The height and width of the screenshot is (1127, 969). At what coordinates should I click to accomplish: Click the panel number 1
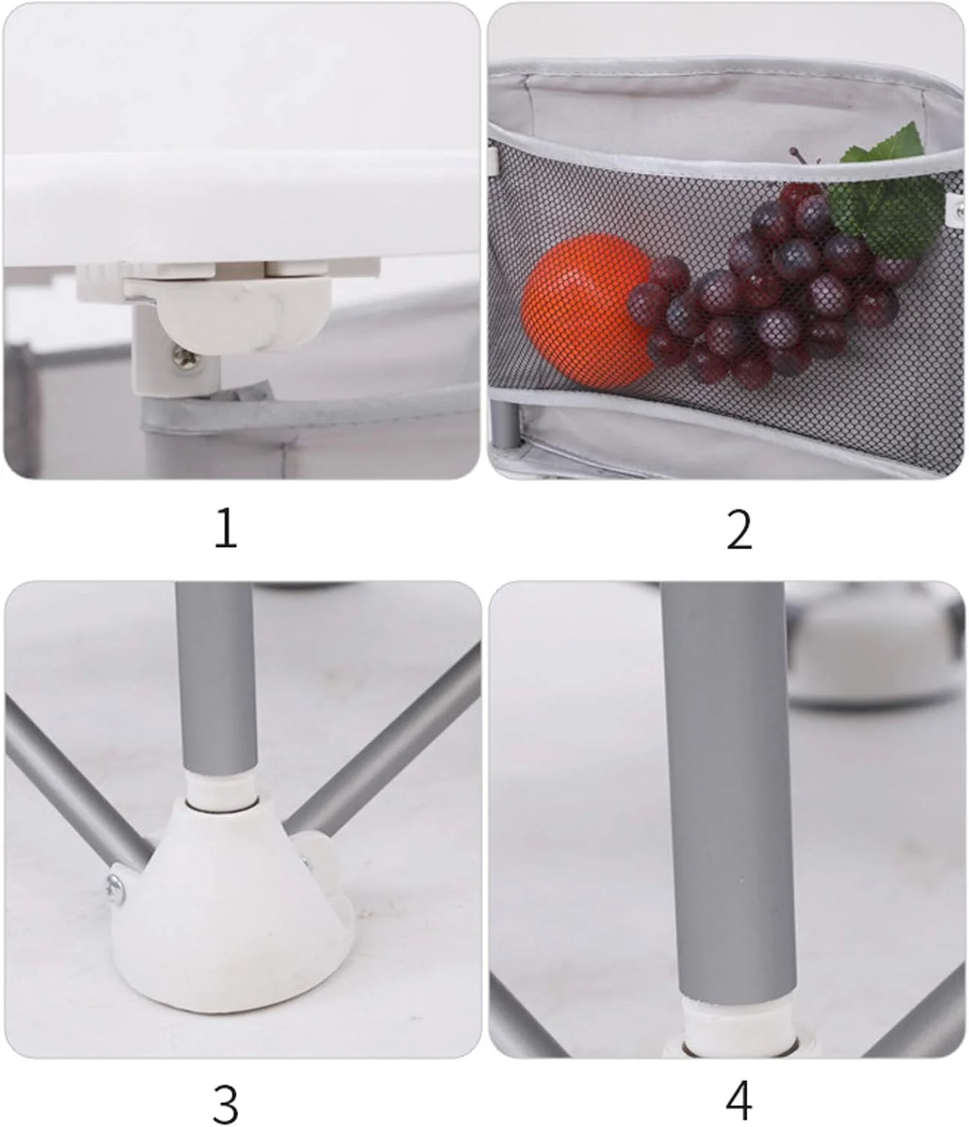[x=226, y=528]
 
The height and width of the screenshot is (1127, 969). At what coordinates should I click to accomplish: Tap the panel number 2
[x=739, y=529]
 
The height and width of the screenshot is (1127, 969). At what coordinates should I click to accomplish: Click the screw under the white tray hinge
[x=186, y=359]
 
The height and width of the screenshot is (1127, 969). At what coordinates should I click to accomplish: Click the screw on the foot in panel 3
[x=116, y=890]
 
